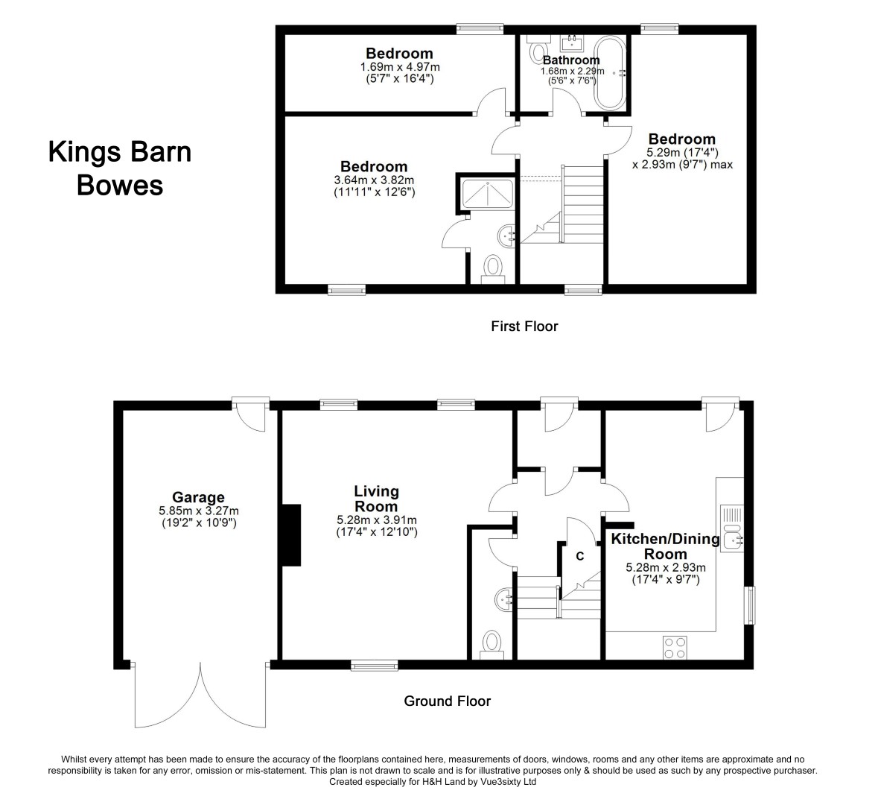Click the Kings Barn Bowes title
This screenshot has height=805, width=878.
tap(120, 168)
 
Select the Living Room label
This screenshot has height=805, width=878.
tap(376, 499)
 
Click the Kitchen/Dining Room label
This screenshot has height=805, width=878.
tap(664, 546)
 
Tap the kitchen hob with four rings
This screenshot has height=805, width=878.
tap(675, 646)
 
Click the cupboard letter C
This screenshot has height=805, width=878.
tap(579, 555)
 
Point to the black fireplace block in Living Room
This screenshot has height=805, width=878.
tap(290, 535)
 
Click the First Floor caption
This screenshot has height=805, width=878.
tap(524, 326)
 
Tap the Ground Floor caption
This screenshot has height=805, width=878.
tap(447, 701)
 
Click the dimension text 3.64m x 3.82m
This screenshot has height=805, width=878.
tap(374, 180)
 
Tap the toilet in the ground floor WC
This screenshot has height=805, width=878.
tap(492, 643)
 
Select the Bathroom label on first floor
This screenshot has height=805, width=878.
tap(570, 60)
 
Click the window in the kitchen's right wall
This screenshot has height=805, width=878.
tap(751, 604)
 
